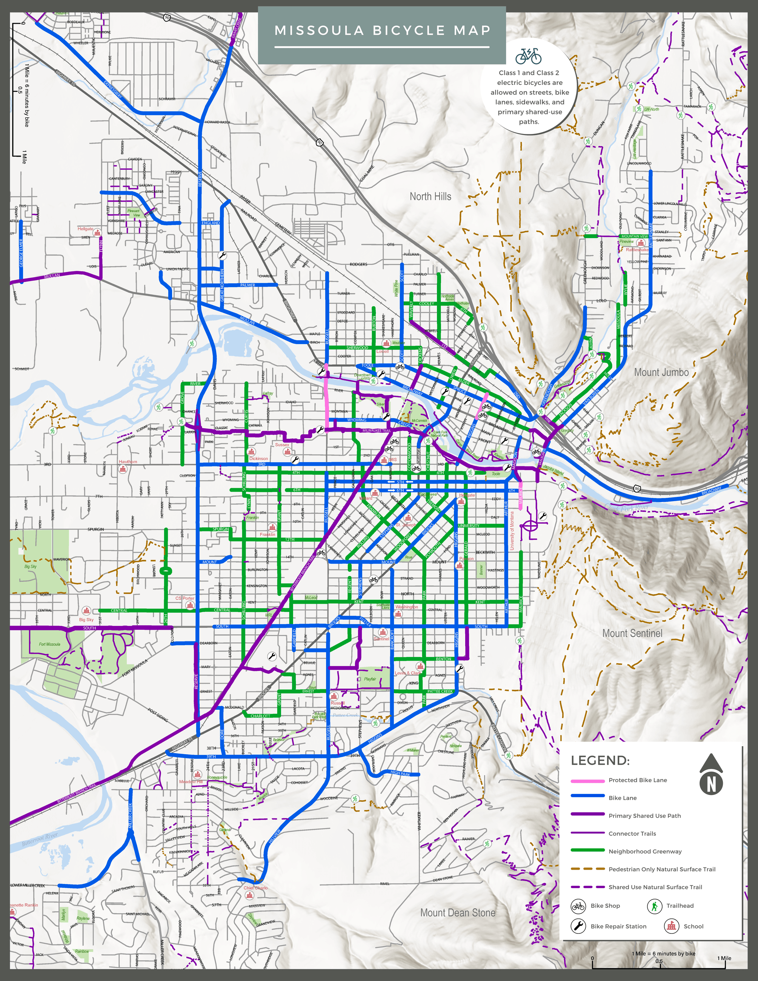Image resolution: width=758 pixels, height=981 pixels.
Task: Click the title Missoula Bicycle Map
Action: pyautogui.click(x=382, y=31)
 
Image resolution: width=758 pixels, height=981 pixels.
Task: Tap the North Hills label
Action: pyautogui.click(x=430, y=196)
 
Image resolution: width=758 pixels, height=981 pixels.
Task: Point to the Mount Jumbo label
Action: pyautogui.click(x=661, y=372)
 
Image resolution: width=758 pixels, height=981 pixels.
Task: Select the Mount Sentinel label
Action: pyautogui.click(x=632, y=633)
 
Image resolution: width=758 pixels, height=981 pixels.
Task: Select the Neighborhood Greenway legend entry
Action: pyautogui.click(x=644, y=852)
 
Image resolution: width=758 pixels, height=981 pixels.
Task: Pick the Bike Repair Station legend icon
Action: pyautogui.click(x=578, y=926)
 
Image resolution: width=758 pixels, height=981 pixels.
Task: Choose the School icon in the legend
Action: pyautogui.click(x=671, y=926)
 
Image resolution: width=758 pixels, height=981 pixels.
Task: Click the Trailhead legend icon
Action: pyautogui.click(x=655, y=906)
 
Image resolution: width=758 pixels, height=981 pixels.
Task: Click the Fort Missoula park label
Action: pyautogui.click(x=49, y=644)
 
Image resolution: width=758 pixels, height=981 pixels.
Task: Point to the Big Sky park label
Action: pyautogui.click(x=31, y=566)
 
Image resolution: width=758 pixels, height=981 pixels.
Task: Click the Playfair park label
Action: pyautogui.click(x=370, y=679)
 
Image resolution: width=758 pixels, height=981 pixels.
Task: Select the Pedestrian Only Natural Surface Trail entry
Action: pyautogui.click(x=661, y=869)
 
